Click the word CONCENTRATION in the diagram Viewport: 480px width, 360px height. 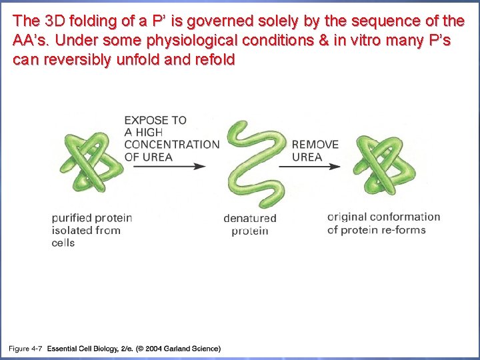pos(171,145)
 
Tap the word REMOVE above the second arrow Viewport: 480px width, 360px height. pos(315,145)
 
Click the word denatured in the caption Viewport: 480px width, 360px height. pos(250,219)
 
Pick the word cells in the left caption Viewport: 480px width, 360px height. pos(63,243)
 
